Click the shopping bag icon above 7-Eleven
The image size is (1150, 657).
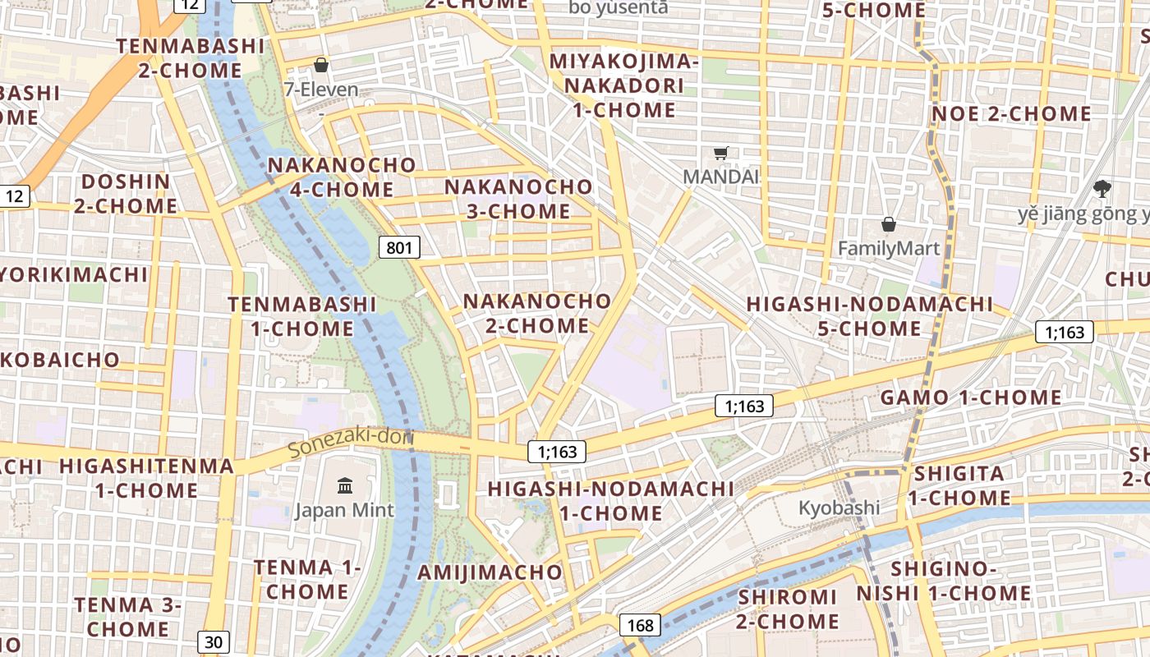321,65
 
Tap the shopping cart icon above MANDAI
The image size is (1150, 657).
721,153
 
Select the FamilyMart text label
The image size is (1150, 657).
889,248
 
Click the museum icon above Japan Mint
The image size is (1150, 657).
345,485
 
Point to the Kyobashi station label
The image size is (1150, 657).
839,508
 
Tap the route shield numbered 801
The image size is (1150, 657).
399,247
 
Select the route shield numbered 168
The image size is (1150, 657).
640,626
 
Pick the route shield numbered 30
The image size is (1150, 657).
214,642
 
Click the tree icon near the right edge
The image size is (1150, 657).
1102,189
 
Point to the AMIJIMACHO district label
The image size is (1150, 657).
490,572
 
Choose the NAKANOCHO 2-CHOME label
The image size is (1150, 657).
537,314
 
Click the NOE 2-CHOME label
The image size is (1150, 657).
1011,114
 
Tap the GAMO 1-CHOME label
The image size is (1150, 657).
971,398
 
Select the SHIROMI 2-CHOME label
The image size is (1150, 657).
787,609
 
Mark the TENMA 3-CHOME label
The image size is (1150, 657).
127,618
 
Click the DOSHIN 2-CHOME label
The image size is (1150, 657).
126,194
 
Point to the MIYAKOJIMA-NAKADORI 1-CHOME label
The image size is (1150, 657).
624,85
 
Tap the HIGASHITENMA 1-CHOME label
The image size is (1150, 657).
146,478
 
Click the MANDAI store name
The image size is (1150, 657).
721,177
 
